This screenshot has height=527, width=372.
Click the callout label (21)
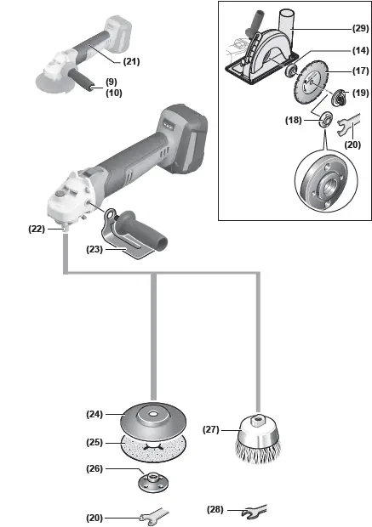pyautogui.click(x=131, y=61)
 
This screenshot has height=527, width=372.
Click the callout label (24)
pyautogui.click(x=95, y=415)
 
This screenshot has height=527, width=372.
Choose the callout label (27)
pyautogui.click(x=212, y=429)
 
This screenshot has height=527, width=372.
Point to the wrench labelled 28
pyautogui.click(x=254, y=511)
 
